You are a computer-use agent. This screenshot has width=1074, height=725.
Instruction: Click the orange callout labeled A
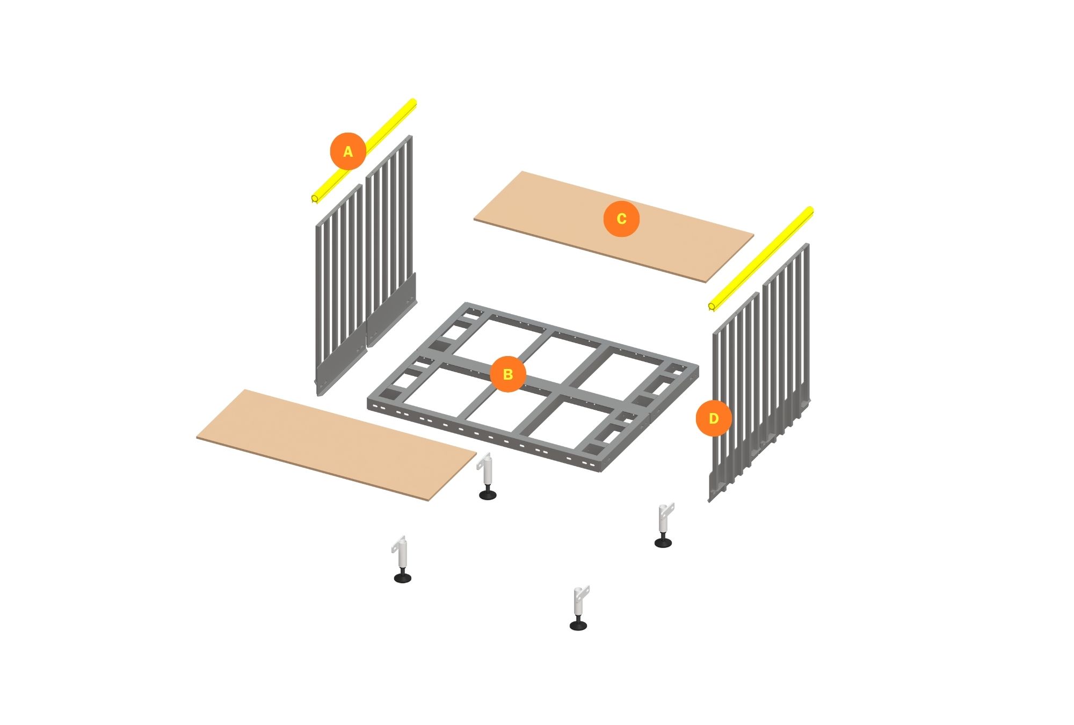(348, 151)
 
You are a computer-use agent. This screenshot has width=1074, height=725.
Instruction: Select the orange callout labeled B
(507, 374)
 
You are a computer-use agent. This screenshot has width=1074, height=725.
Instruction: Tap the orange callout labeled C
(621, 219)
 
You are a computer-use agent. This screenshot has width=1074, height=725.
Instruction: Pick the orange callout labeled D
(714, 418)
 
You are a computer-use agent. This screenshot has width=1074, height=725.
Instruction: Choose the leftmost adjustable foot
(402, 559)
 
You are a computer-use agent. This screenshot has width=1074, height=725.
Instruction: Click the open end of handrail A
(315, 199)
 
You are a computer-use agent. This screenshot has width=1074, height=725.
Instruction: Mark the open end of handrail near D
(712, 307)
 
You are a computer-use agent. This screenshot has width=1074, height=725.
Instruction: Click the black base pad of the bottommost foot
(578, 625)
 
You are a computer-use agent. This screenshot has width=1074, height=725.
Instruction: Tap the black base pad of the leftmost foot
(402, 578)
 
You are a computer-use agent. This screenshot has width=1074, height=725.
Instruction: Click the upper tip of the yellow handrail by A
(413, 102)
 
